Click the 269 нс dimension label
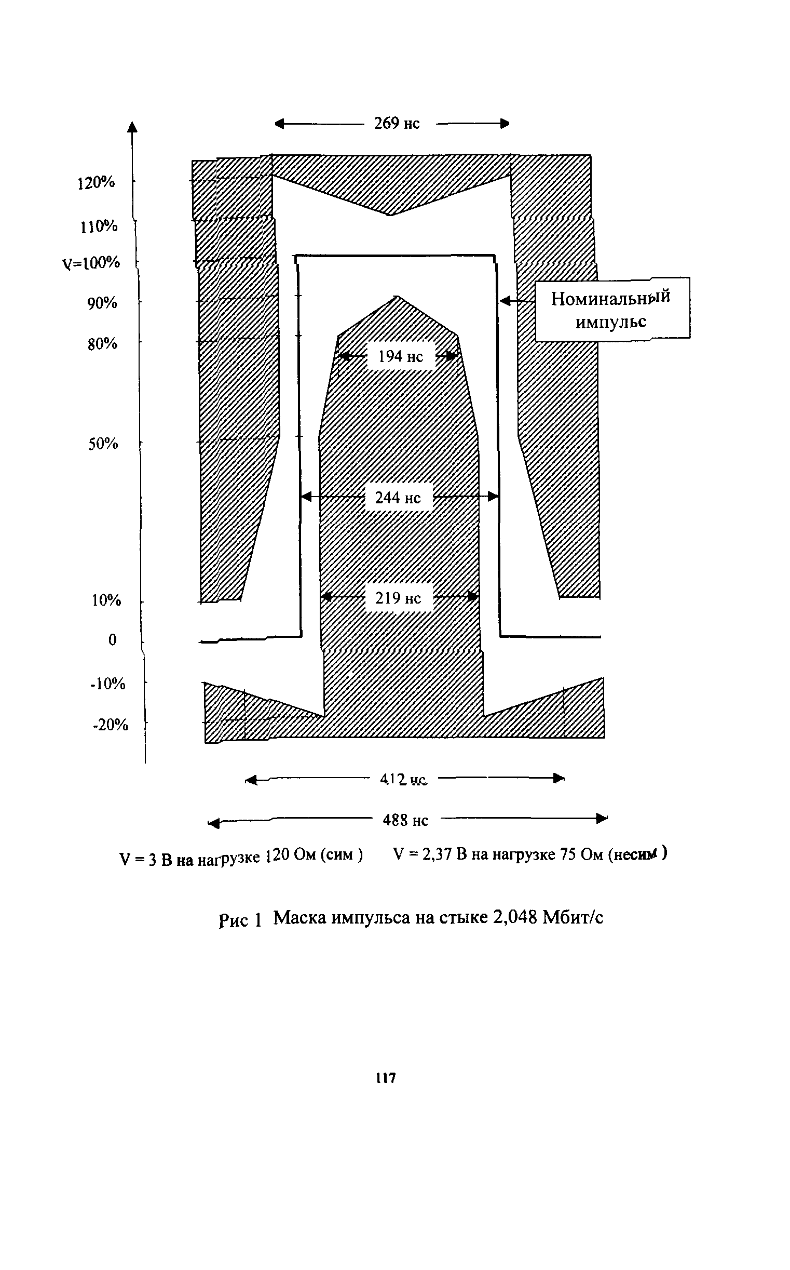pyautogui.click(x=397, y=124)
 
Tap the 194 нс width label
pyautogui.click(x=400, y=356)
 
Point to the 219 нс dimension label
pyautogui.click(x=398, y=598)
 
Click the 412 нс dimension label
pyautogui.click(x=403, y=780)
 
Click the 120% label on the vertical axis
pyautogui.click(x=96, y=183)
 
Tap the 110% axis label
pyautogui.click(x=99, y=226)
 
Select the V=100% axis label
pyautogui.click(x=91, y=262)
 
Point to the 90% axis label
pyautogui.click(x=102, y=303)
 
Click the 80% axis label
pyautogui.click(x=102, y=344)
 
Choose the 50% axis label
pyautogui.click(x=103, y=444)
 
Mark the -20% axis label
pyautogui.click(x=110, y=725)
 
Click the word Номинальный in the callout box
pyautogui.click(x=610, y=299)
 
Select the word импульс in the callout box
pyautogui.click(x=611, y=322)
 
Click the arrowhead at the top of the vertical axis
pyautogui.click(x=132, y=127)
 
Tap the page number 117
pyautogui.click(x=386, y=1078)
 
